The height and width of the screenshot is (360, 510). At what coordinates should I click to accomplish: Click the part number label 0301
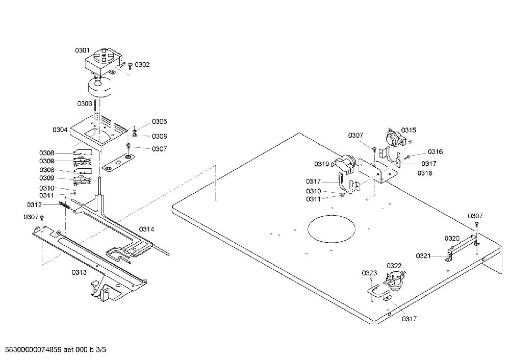tap(82, 50)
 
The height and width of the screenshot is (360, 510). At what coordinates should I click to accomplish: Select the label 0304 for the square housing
tap(60, 130)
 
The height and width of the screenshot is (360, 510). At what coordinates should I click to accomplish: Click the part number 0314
tap(147, 229)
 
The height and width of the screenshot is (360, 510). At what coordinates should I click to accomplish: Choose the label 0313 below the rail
tap(80, 272)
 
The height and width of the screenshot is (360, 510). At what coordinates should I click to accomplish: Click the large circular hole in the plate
tap(331, 229)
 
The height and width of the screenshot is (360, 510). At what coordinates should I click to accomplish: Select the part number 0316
tap(435, 152)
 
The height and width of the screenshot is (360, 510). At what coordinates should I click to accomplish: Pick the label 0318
tap(425, 173)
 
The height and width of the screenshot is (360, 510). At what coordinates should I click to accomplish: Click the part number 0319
tap(322, 164)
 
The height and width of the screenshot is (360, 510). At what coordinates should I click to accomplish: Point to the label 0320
tap(452, 239)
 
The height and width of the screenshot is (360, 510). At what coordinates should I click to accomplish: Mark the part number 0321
tap(423, 256)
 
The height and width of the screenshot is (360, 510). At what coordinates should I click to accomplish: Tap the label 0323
tap(369, 273)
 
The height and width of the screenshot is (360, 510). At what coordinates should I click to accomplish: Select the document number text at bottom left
tap(54, 350)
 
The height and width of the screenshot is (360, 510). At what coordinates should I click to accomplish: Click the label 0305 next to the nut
tap(159, 122)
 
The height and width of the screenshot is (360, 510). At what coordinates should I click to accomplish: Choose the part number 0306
tap(159, 136)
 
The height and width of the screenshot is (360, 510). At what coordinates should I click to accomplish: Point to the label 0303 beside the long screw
tap(85, 104)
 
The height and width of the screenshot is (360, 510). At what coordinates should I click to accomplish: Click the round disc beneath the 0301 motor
tap(100, 88)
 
